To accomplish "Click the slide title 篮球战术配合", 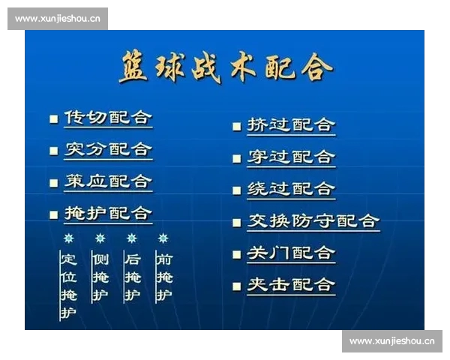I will tap(225, 67).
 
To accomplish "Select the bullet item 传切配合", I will tap(108, 118).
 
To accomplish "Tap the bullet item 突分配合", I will tap(108, 149).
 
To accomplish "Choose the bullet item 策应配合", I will tap(108, 181).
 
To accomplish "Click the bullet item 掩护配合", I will tap(108, 213).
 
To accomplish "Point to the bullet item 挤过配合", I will tap(291, 125).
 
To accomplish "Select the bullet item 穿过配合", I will tap(291, 157).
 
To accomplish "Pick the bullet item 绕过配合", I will tap(291, 189).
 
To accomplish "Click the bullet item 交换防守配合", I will tap(313, 220).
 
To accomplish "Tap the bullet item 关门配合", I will tap(291, 253).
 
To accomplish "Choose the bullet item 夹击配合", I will tap(291, 285).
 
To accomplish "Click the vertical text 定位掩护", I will tap(69, 286).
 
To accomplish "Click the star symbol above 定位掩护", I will tap(68, 238).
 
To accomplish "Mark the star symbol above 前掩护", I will tap(163, 238).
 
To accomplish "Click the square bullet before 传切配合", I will tap(53, 119).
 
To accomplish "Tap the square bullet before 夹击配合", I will tap(236, 286).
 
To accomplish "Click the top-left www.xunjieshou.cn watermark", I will tap(58, 19).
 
